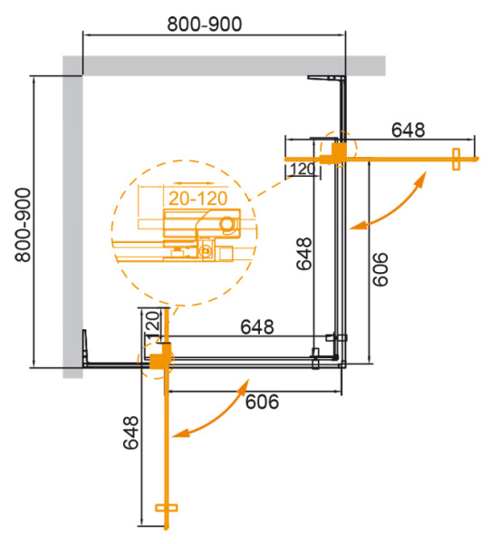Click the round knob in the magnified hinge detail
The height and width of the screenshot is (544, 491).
(226, 222)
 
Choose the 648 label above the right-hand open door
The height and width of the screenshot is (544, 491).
(408, 130)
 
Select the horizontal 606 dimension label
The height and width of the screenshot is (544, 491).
(260, 400)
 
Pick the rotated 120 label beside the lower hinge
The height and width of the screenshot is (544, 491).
(152, 324)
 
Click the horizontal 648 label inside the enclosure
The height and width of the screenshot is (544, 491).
(259, 326)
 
